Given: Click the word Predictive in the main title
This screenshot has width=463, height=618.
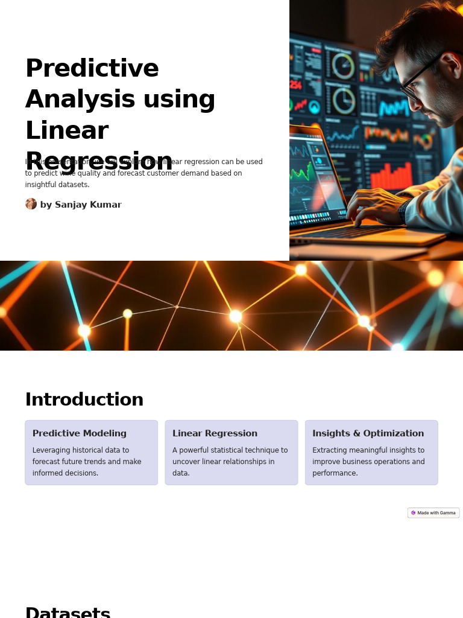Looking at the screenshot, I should coord(92,68).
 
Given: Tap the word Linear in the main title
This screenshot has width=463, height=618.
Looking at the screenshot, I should coord(66,131).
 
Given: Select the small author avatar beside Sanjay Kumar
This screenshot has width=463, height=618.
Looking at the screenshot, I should coord(31,204).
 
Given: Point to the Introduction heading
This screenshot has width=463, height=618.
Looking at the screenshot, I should coord(84,400).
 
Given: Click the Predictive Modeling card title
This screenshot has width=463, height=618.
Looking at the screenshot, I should coord(79,433).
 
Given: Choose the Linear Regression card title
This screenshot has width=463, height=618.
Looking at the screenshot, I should coord(215,433).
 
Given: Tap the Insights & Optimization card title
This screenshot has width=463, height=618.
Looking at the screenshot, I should coord(368,433).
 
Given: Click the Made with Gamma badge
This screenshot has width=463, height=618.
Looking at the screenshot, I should coord(433,513).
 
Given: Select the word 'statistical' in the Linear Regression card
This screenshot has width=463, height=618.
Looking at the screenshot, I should coord(236,450).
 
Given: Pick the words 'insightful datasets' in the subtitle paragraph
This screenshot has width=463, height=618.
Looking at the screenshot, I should coord(57,185).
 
